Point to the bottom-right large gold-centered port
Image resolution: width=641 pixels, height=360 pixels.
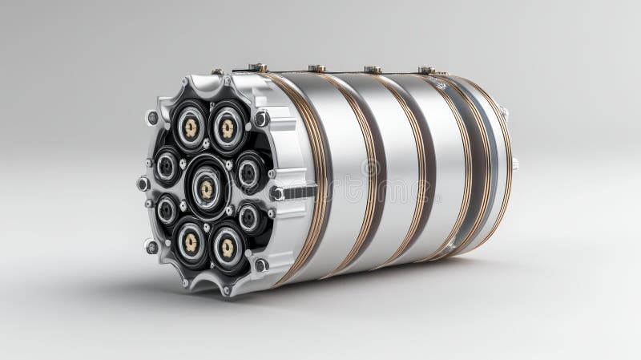227,246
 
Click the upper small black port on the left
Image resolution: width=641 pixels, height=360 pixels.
167,165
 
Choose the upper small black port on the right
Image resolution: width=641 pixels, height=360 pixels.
248,171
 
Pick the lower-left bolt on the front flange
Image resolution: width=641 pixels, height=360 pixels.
151,246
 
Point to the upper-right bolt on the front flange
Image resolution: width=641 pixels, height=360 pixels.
261,119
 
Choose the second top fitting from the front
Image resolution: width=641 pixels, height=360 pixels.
317,69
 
